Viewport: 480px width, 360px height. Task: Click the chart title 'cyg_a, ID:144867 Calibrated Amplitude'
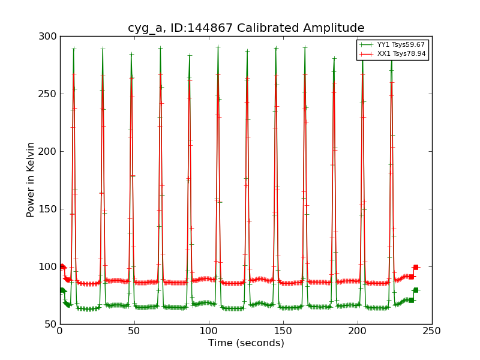click(246, 28)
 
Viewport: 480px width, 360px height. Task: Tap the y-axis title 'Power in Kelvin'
click(31, 180)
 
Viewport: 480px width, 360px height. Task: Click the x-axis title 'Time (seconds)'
click(246, 343)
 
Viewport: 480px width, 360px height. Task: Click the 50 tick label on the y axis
click(50, 324)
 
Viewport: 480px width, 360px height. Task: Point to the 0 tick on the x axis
click(60, 331)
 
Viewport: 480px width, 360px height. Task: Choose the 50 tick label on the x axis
click(134, 331)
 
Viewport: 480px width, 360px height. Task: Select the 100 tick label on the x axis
click(209, 331)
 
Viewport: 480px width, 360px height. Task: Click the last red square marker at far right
click(415, 267)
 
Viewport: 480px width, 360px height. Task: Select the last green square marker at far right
click(415, 290)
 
